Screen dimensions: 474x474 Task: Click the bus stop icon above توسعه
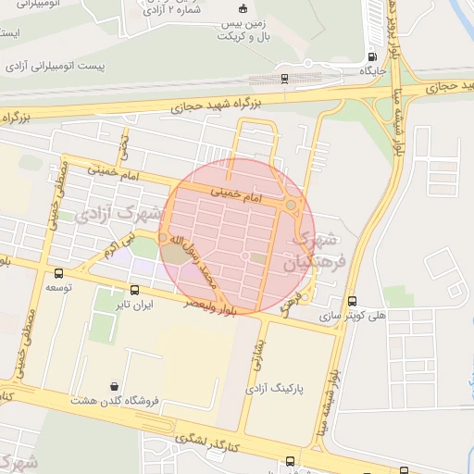click(60, 273)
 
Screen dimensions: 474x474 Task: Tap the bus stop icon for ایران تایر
click(135, 290)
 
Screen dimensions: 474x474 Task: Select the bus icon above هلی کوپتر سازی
click(351, 301)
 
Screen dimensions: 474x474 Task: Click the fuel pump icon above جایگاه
click(372, 56)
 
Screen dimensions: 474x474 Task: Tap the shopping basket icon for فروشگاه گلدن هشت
click(114, 386)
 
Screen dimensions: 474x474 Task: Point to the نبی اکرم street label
click(119, 246)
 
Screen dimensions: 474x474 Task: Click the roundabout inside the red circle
click(292, 204)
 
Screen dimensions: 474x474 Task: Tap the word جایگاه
click(371, 70)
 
